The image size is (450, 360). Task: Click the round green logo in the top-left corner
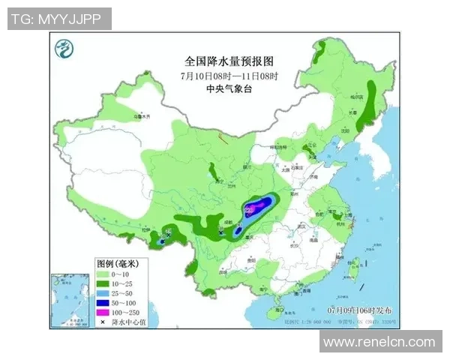(x=66, y=50)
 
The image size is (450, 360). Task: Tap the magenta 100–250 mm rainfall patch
(x=257, y=204)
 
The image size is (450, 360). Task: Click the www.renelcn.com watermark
(x=379, y=342)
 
